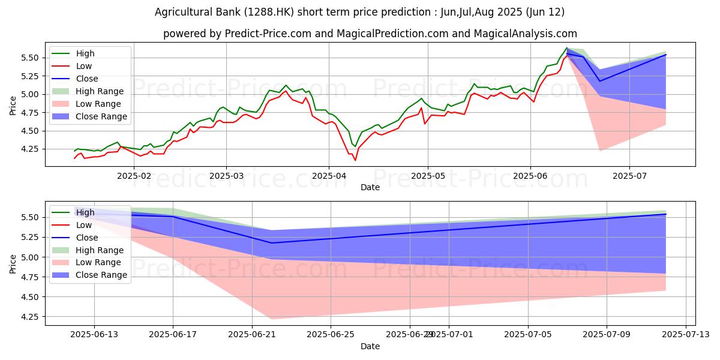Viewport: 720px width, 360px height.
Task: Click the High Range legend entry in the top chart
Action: pos(99,91)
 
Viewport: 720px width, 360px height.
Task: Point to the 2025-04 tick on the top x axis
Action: pos(328,176)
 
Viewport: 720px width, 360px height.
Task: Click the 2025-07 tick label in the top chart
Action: pos(629,176)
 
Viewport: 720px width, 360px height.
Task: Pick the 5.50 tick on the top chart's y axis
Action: pos(30,58)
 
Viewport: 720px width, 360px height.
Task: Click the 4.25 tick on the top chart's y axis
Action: pos(30,149)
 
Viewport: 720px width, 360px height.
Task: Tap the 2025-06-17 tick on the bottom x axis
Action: pos(173,334)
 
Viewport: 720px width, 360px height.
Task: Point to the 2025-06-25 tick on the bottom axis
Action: pos(331,334)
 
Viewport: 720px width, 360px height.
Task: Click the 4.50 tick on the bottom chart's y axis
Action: pos(30,297)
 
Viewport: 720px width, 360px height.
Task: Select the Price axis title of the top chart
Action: pos(13,105)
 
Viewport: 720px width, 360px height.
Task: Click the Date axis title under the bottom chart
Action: pos(370,346)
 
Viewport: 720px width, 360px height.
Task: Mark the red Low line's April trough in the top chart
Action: pos(355,160)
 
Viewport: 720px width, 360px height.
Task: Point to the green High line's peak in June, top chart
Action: pos(566,47)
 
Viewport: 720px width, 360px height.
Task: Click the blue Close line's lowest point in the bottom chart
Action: pos(272,243)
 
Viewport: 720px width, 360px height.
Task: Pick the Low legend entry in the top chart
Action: pos(84,66)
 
